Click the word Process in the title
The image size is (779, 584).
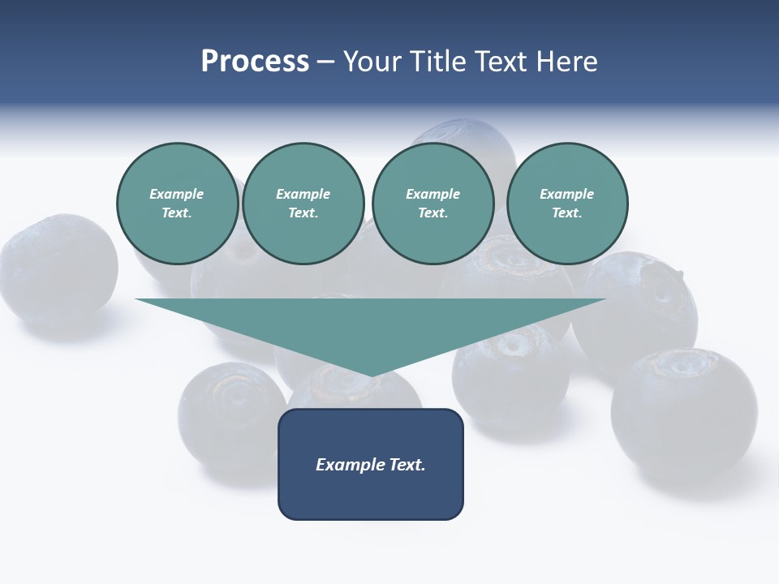click(x=255, y=62)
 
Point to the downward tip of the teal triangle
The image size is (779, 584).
click(x=371, y=375)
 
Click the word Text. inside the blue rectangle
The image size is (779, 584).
click(x=408, y=465)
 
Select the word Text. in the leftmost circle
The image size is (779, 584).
click(x=177, y=213)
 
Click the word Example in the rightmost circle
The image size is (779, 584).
click(x=566, y=194)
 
